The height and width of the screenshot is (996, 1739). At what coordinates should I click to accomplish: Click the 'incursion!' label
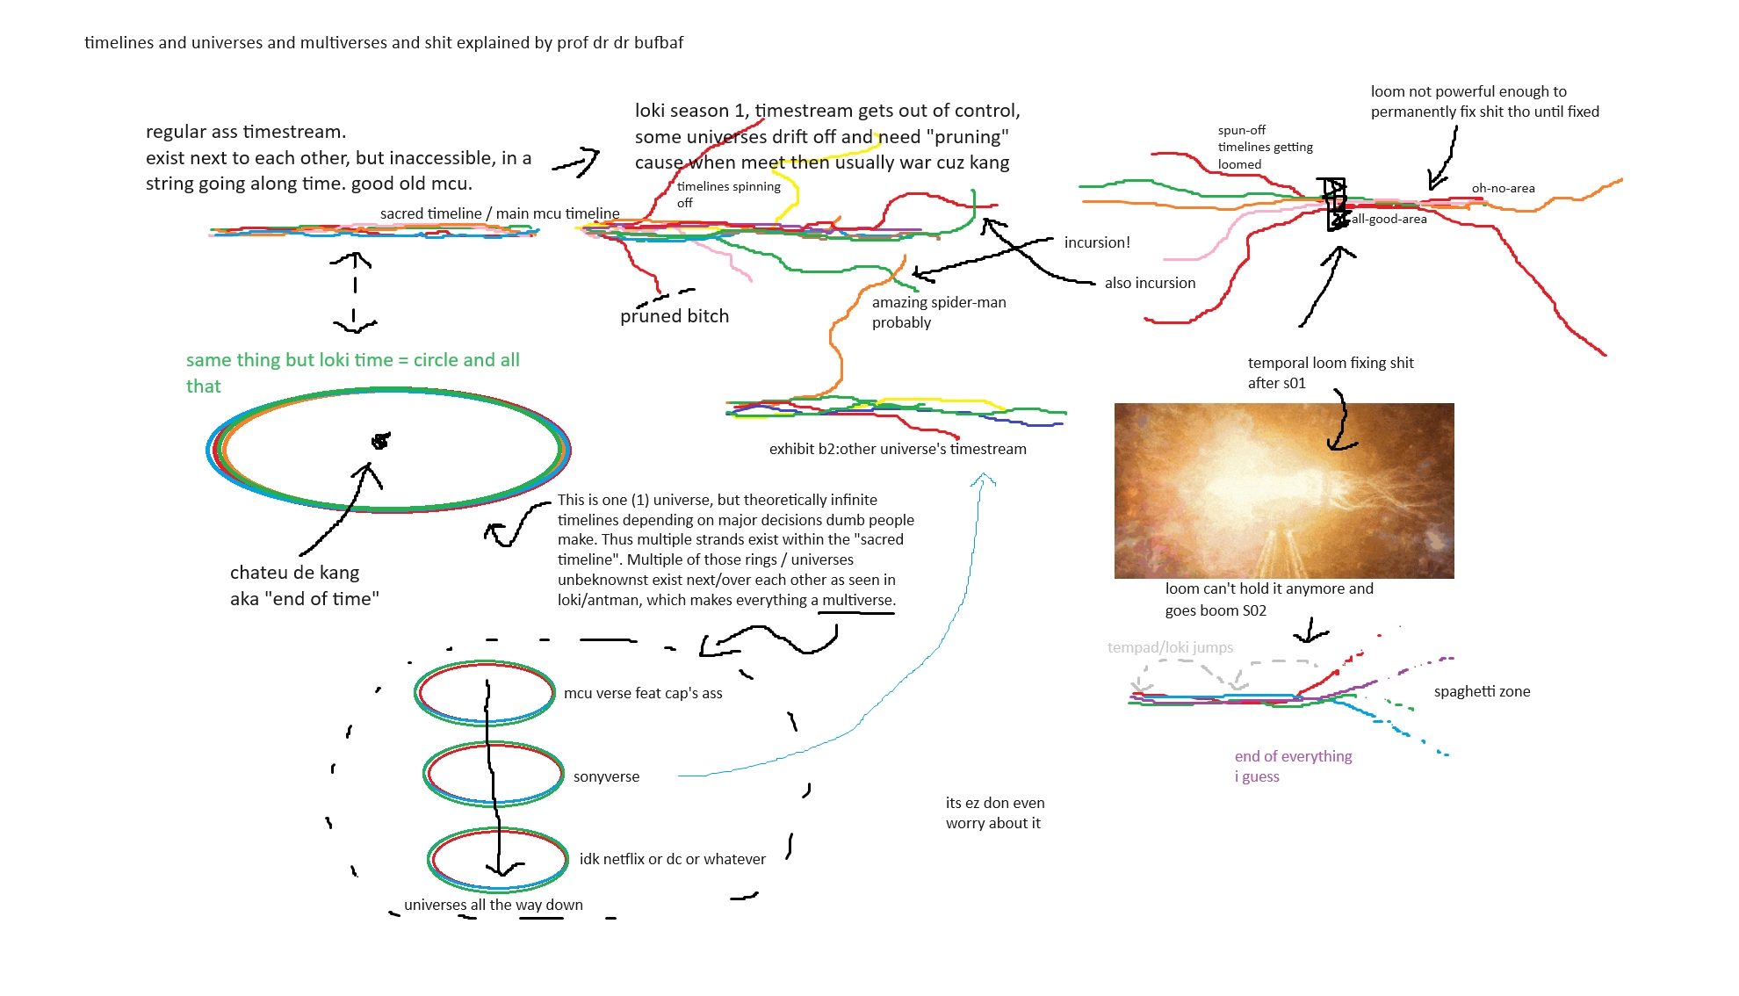(x=1097, y=242)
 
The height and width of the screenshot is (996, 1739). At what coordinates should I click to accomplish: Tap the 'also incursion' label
(x=1150, y=283)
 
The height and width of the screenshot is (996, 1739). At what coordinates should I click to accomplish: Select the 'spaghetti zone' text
(x=1482, y=691)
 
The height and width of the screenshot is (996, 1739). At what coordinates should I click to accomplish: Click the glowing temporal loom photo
(x=1283, y=490)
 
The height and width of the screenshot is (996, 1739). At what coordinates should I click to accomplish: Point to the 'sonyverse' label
(x=606, y=776)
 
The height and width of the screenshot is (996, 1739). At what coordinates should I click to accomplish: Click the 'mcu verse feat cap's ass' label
(x=643, y=693)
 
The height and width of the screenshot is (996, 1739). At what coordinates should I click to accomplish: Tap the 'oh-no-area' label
(x=1503, y=188)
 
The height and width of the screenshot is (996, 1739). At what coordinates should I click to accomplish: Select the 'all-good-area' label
(x=1389, y=219)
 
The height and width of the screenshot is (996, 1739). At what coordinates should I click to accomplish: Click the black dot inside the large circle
(x=380, y=441)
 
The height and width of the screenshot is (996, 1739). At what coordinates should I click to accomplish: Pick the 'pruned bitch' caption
(x=675, y=316)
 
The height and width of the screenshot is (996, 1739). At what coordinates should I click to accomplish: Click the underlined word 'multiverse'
(x=857, y=600)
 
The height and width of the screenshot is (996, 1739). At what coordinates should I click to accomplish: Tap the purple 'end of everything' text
(x=1293, y=756)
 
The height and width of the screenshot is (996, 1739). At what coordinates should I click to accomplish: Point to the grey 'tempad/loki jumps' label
(x=1170, y=647)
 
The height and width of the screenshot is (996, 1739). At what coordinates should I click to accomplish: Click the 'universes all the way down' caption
(x=493, y=905)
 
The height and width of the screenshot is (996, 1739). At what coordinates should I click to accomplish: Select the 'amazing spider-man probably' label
(x=938, y=312)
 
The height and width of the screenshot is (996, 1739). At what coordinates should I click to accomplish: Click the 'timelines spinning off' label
(x=728, y=194)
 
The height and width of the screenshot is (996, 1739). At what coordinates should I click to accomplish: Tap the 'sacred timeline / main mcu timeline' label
(x=500, y=213)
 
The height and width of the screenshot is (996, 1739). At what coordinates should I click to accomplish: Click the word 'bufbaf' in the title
(x=658, y=42)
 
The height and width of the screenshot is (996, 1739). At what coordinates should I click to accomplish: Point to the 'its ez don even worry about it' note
(x=994, y=812)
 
